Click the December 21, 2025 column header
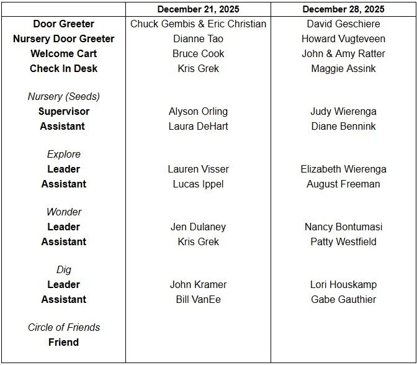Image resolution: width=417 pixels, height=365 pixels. tap(198, 9)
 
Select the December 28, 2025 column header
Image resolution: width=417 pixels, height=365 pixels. tap(343, 9)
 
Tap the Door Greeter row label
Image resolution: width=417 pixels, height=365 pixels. tap(63, 24)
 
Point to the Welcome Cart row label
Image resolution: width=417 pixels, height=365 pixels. tap(63, 54)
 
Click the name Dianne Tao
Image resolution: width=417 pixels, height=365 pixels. tap(198, 39)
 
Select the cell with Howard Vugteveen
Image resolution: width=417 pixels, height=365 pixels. tap(343, 39)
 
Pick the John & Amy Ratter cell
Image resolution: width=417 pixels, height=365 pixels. tap(343, 54)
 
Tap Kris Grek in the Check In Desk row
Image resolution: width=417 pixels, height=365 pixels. tap(198, 69)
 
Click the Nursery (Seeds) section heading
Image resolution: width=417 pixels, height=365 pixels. tap(63, 97)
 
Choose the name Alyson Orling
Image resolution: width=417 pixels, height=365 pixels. tap(198, 112)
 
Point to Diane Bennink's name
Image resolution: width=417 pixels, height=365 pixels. tap(343, 127)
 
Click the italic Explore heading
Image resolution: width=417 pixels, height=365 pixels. tap(63, 155)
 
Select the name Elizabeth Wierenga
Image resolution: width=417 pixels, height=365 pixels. tap(343, 169)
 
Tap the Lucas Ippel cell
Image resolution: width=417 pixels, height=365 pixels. tap(198, 184)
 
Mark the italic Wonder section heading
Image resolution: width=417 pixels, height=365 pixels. tap(63, 212)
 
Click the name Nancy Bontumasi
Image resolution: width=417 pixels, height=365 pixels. tap(343, 227)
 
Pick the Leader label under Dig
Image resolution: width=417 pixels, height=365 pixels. tap(63, 285)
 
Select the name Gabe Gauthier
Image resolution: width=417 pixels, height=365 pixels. tap(343, 300)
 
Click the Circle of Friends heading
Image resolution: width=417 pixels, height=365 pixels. tap(63, 328)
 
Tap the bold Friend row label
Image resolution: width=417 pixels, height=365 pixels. tap(63, 343)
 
